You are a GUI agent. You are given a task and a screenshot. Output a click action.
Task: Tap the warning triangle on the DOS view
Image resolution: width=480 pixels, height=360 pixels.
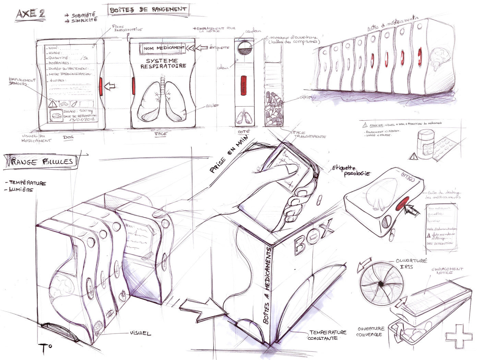click(53, 103)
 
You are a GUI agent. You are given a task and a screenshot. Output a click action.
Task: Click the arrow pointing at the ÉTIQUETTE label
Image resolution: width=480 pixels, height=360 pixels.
click(201, 48)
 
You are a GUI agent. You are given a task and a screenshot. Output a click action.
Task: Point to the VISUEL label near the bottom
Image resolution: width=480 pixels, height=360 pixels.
click(140, 333)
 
